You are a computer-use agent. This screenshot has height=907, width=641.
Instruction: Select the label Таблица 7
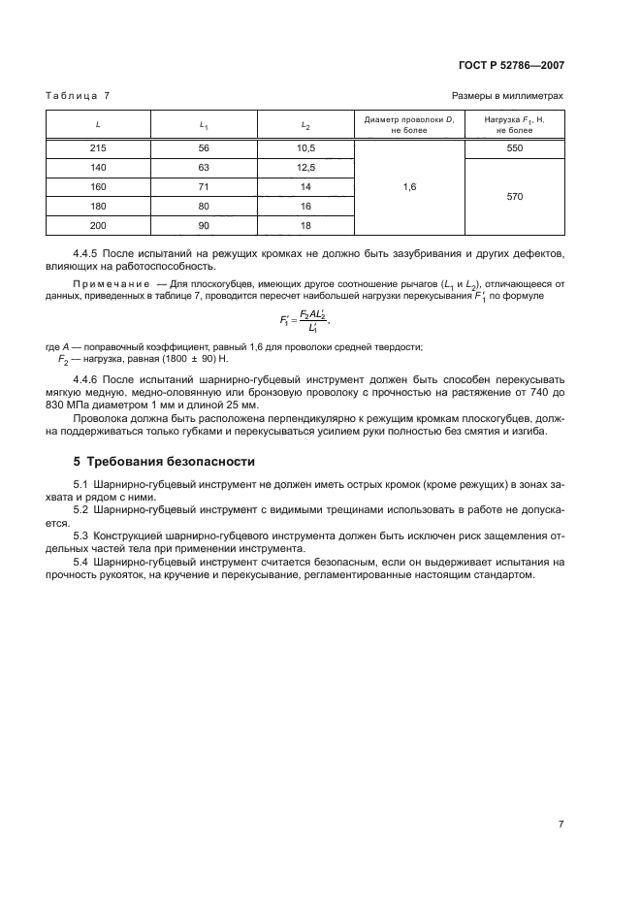pos(79,95)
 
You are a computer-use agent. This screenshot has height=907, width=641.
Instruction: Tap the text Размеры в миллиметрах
pos(507,95)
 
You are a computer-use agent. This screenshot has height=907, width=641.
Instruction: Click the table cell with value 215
pos(98,147)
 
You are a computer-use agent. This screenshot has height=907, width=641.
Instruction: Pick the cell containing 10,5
pos(306,147)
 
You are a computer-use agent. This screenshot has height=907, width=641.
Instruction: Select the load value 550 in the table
pos(514,147)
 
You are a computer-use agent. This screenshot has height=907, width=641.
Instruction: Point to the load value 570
pos(514,196)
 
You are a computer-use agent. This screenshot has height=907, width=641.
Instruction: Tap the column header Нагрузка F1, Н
pos(514,123)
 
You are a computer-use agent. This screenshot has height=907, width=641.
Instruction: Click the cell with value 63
pos(204,167)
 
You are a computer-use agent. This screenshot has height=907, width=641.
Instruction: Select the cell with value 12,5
pos(306,167)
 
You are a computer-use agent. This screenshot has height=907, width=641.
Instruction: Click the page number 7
pos(561,824)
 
